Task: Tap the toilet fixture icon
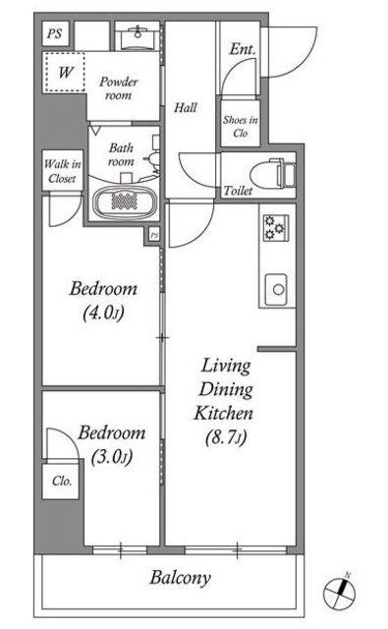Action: tap(273, 174)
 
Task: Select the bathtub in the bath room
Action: tap(125, 200)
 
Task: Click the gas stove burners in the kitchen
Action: tap(276, 228)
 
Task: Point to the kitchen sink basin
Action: tap(276, 289)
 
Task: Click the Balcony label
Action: tap(180, 578)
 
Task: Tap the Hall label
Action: tap(186, 107)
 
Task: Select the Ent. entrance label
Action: tap(243, 49)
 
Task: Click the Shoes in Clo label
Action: tap(240, 126)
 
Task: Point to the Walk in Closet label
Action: tap(63, 171)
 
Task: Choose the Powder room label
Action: tap(118, 88)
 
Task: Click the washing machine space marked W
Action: tap(65, 73)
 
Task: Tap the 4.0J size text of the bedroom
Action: tap(103, 313)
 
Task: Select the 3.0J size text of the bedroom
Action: tap(111, 457)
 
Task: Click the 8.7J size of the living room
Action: tap(226, 438)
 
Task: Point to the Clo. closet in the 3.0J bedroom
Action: tap(61, 482)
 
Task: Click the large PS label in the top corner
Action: tap(54, 33)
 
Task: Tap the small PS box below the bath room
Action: tap(154, 236)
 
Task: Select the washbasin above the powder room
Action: tap(138, 37)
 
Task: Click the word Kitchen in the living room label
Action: tap(223, 414)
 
